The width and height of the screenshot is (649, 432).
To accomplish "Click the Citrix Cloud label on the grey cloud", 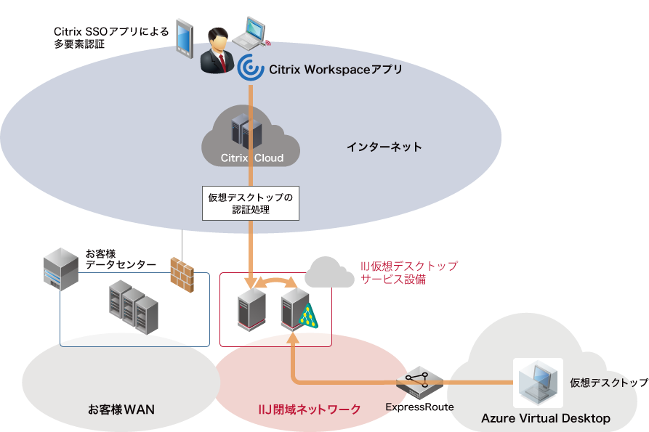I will pos(251,158).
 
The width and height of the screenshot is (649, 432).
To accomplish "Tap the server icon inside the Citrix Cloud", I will pos(246,131).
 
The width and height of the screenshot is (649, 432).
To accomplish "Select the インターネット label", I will pos(384,147).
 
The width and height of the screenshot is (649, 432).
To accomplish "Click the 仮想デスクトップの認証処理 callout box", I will pos(250,203).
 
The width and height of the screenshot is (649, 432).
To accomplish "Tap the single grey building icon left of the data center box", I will pos(60,269).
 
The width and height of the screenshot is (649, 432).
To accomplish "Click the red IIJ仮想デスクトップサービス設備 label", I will pos(409,272).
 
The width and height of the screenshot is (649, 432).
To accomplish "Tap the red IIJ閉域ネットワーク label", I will pos(310,409).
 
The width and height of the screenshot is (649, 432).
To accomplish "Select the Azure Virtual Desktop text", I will pos(545,418).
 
